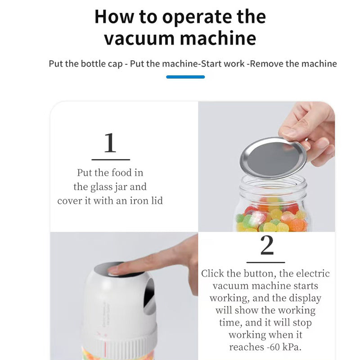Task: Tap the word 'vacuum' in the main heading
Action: pos(139,38)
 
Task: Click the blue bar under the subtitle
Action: pos(185,77)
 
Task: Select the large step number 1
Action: pos(110,143)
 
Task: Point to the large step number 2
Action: pos(267,245)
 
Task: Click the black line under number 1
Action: pos(111,159)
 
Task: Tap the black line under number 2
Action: pos(265,262)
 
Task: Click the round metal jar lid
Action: pos(273,158)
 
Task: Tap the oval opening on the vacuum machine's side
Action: pos(149,297)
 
